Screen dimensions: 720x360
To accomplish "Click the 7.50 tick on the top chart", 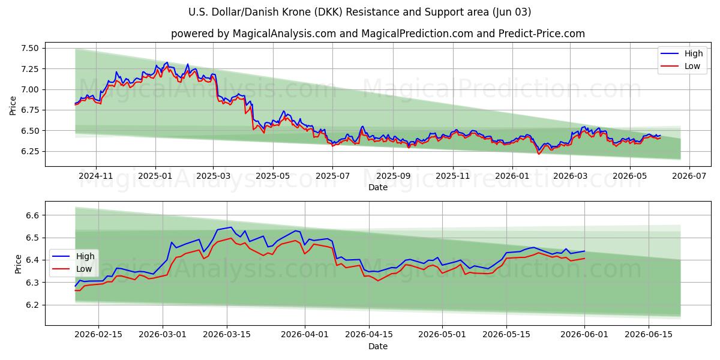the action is tap(29, 48).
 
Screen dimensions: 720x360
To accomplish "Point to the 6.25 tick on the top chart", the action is tap(29, 151).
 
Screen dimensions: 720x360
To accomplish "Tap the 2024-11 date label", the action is tap(96, 176).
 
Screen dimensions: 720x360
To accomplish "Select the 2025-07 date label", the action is tap(332, 176).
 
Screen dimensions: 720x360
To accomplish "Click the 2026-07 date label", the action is tap(689, 176).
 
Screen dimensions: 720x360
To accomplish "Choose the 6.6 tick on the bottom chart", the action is tap(32, 215).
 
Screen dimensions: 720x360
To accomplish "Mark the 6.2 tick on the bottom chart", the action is tap(32, 305).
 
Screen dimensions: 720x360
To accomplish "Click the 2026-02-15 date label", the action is tap(98, 335).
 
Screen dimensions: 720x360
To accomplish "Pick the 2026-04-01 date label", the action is tap(305, 335).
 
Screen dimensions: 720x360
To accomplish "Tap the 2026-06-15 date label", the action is tap(649, 335).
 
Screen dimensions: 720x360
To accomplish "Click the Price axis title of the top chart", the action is tap(13, 106).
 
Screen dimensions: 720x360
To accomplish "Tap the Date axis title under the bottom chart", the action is tap(377, 347).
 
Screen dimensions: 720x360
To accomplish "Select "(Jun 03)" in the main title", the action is tap(511, 12).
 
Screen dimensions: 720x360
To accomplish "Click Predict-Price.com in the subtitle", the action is tap(541, 34).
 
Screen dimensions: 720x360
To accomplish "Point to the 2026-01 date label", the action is tap(512, 176).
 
